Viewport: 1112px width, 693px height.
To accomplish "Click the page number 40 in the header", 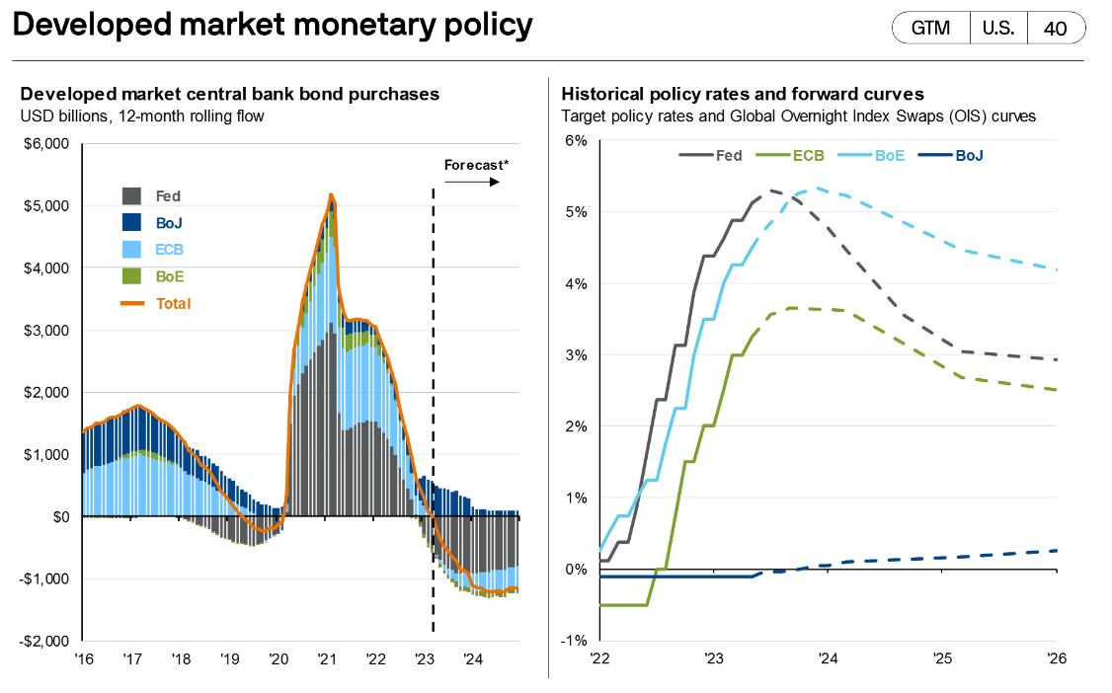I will (1055, 28).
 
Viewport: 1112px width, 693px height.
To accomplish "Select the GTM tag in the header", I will (929, 28).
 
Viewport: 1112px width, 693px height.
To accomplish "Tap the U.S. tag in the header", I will (997, 28).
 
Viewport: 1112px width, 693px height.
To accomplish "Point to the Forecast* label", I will (476, 165).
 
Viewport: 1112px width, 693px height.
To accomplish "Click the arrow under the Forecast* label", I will (476, 183).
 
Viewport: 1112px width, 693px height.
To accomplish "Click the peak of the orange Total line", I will (331, 194).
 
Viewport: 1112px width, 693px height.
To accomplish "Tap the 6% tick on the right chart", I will (576, 141).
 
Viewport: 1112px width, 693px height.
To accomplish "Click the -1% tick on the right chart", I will (574, 641).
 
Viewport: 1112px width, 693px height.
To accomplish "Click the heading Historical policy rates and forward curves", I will (742, 94).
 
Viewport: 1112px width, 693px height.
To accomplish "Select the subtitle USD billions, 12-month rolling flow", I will (142, 115).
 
